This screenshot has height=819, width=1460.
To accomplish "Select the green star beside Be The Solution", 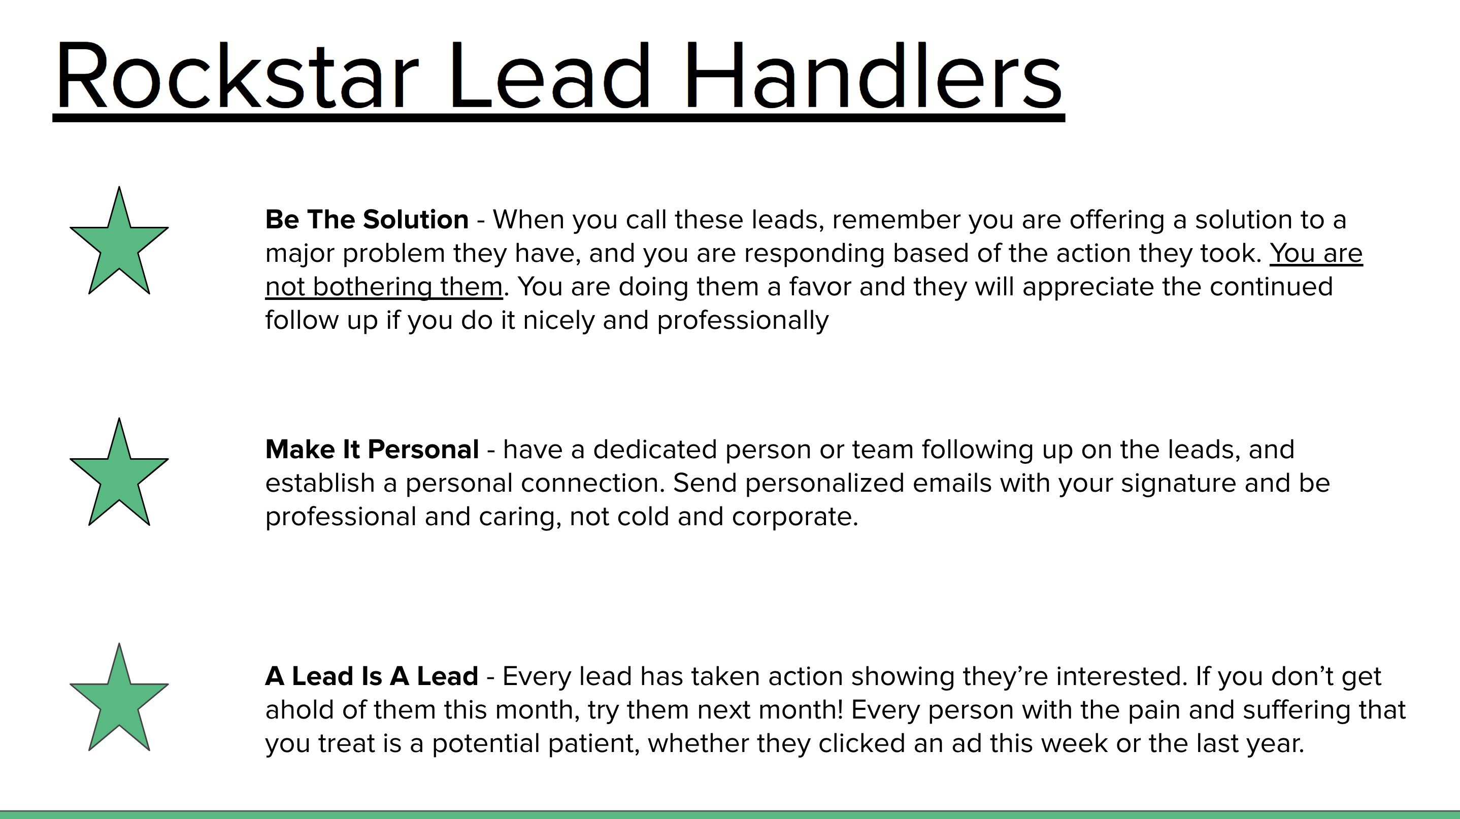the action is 119,240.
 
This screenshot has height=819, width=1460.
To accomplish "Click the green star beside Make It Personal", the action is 119,472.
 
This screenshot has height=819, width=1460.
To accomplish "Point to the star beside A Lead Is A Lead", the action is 119,697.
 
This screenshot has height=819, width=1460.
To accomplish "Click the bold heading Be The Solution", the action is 367,219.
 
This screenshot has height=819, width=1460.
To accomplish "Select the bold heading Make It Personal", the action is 372,449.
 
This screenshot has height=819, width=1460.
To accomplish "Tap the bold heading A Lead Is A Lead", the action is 372,676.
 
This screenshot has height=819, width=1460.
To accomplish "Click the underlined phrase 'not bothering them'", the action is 384,287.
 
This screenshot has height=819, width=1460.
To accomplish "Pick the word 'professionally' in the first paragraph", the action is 743,321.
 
